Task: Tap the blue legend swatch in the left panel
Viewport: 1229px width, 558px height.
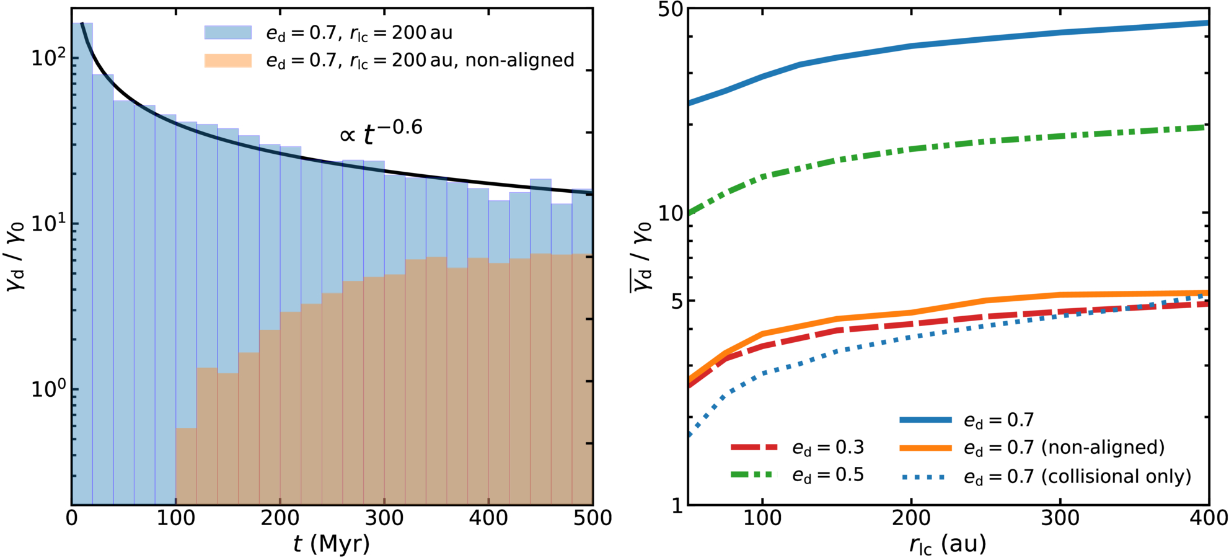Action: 228,33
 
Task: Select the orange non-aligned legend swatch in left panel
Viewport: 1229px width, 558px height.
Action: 228,60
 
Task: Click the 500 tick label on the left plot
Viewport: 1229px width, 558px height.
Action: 592,518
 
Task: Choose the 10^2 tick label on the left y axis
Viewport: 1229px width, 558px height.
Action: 48,57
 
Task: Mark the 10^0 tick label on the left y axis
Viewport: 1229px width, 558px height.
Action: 48,389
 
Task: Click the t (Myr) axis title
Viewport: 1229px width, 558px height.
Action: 332,544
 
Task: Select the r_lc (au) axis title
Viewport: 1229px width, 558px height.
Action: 948,544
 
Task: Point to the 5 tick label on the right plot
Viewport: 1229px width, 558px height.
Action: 676,301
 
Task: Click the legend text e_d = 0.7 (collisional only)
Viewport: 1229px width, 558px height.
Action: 1078,476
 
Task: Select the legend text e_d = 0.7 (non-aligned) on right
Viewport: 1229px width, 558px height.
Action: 1064,448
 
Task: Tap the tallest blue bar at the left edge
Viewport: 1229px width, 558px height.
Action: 82,263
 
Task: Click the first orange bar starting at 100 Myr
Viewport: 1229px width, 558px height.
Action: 187,466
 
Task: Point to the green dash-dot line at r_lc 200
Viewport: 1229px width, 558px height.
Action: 911,149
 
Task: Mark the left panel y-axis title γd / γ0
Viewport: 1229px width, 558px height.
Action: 18,257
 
